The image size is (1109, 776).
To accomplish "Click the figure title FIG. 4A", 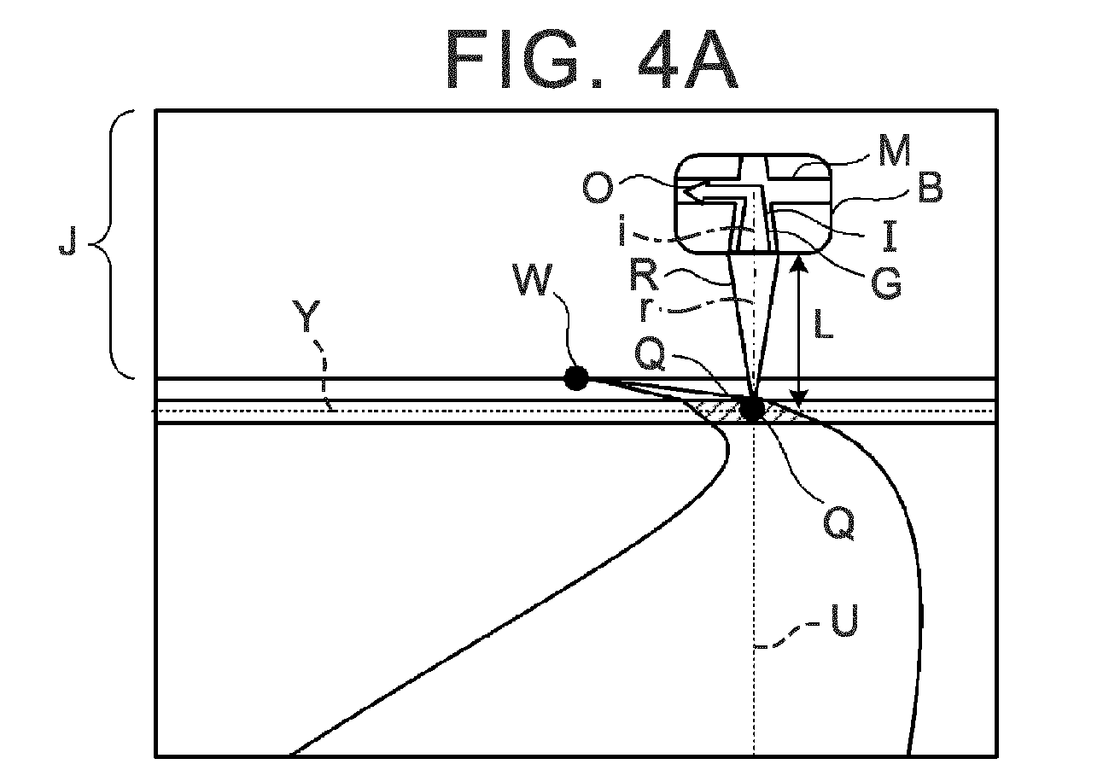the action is (592, 60).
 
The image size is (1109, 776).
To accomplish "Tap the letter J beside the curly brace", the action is (67, 242).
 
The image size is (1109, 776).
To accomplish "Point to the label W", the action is (533, 280).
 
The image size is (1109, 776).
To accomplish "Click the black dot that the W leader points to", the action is (576, 379).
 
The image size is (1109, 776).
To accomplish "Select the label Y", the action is (306, 316).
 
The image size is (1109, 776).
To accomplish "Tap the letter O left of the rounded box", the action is (598, 190).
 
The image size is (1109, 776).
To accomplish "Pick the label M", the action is (895, 150).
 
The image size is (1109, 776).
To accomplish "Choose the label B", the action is (931, 188).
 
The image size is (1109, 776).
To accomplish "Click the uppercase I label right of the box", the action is (890, 236).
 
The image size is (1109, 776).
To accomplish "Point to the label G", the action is (886, 283).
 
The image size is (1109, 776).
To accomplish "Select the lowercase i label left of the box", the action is (622, 230).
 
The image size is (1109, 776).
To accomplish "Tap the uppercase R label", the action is (644, 276).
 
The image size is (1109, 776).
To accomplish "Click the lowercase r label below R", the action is (645, 310).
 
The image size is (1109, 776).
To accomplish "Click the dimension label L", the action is (823, 324).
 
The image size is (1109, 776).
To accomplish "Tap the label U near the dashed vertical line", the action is (843, 621).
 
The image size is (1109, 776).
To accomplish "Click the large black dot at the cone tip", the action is (752, 409).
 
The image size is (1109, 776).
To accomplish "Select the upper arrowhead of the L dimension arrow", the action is (798, 263).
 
